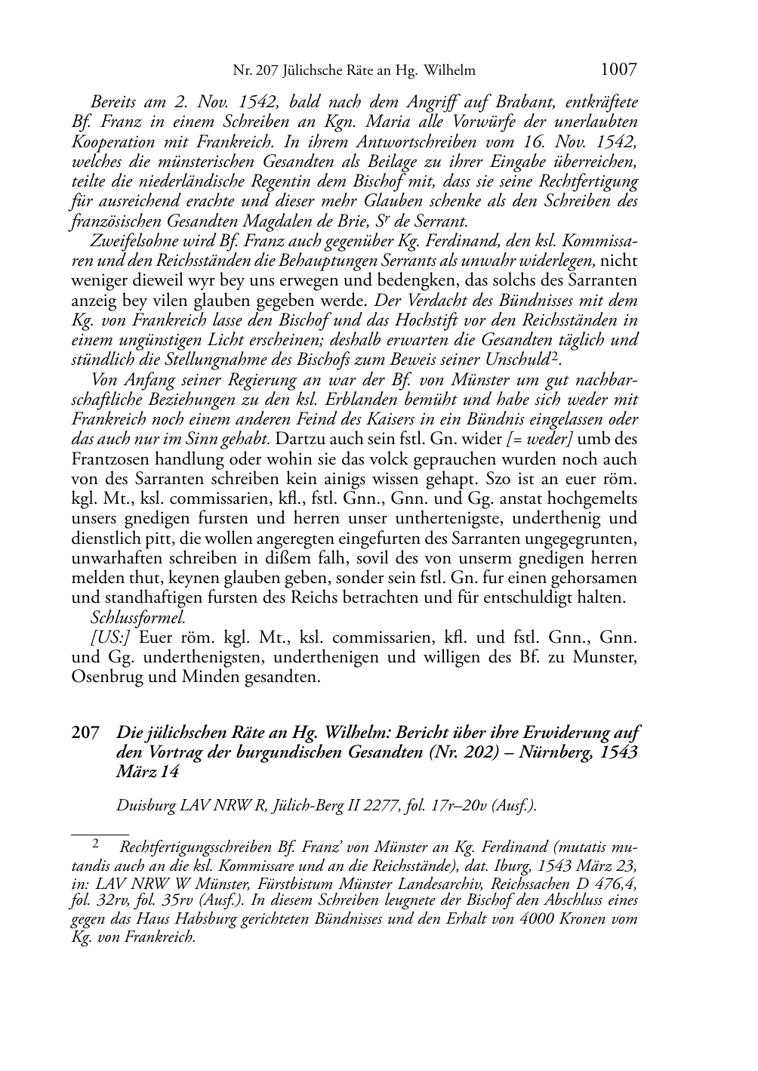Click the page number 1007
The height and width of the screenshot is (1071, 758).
point(619,70)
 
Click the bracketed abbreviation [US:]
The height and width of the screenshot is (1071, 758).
point(111,637)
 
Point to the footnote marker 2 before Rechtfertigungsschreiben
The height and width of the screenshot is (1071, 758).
point(96,842)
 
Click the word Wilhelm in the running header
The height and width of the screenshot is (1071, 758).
point(450,72)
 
